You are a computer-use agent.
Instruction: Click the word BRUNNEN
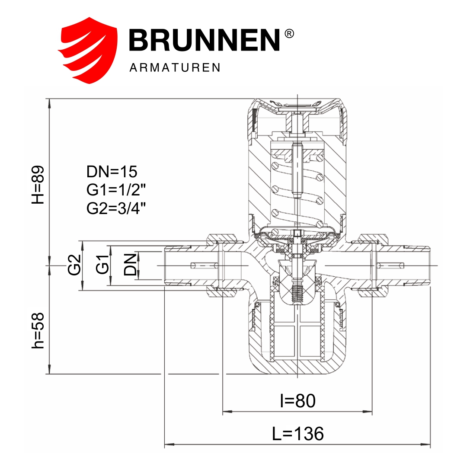[205, 40]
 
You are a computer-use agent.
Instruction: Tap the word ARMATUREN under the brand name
[175, 68]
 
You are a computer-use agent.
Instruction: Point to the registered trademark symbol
[290, 34]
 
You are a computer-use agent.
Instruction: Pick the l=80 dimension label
[298, 401]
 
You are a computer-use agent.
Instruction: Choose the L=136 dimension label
[298, 433]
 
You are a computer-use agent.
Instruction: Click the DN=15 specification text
[112, 172]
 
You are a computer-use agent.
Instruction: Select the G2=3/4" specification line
[116, 208]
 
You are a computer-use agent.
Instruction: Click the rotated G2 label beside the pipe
[74, 265]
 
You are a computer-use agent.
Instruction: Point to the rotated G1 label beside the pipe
[102, 265]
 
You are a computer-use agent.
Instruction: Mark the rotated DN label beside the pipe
[130, 265]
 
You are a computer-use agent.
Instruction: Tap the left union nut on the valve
[221, 265]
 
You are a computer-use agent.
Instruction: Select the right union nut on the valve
[372, 265]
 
